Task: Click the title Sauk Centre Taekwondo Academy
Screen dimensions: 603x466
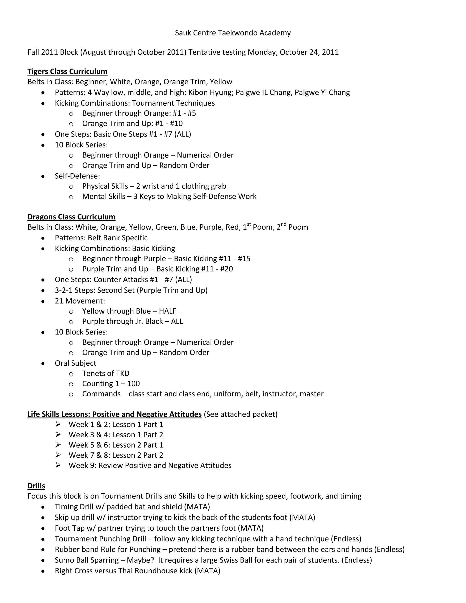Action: [233, 33]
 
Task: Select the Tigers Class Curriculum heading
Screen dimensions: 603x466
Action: [67, 71]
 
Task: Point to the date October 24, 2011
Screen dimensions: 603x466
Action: [309, 52]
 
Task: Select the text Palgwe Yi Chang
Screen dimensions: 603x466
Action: [322, 92]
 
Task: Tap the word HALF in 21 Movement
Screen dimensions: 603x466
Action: [167, 311]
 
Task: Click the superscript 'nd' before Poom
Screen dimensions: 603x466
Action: [284, 224]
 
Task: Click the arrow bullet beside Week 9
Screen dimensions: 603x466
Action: [58, 465]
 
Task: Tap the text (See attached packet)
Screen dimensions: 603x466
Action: [241, 414]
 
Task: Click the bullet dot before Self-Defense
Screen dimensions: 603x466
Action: [43, 176]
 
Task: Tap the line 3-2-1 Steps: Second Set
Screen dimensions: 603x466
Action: [131, 290]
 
